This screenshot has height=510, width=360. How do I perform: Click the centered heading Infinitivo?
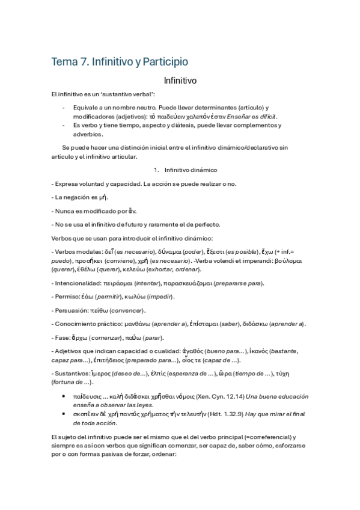tap(180, 79)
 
